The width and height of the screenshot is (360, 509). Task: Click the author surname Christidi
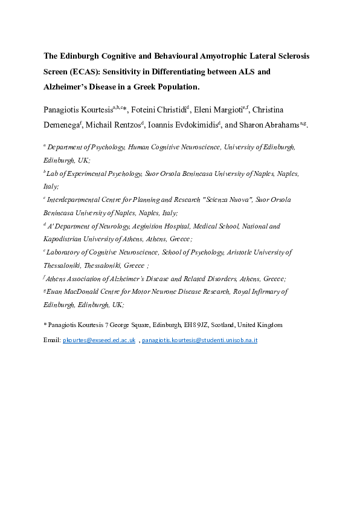(170, 109)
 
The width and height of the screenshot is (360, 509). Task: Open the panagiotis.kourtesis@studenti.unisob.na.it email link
(200, 341)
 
